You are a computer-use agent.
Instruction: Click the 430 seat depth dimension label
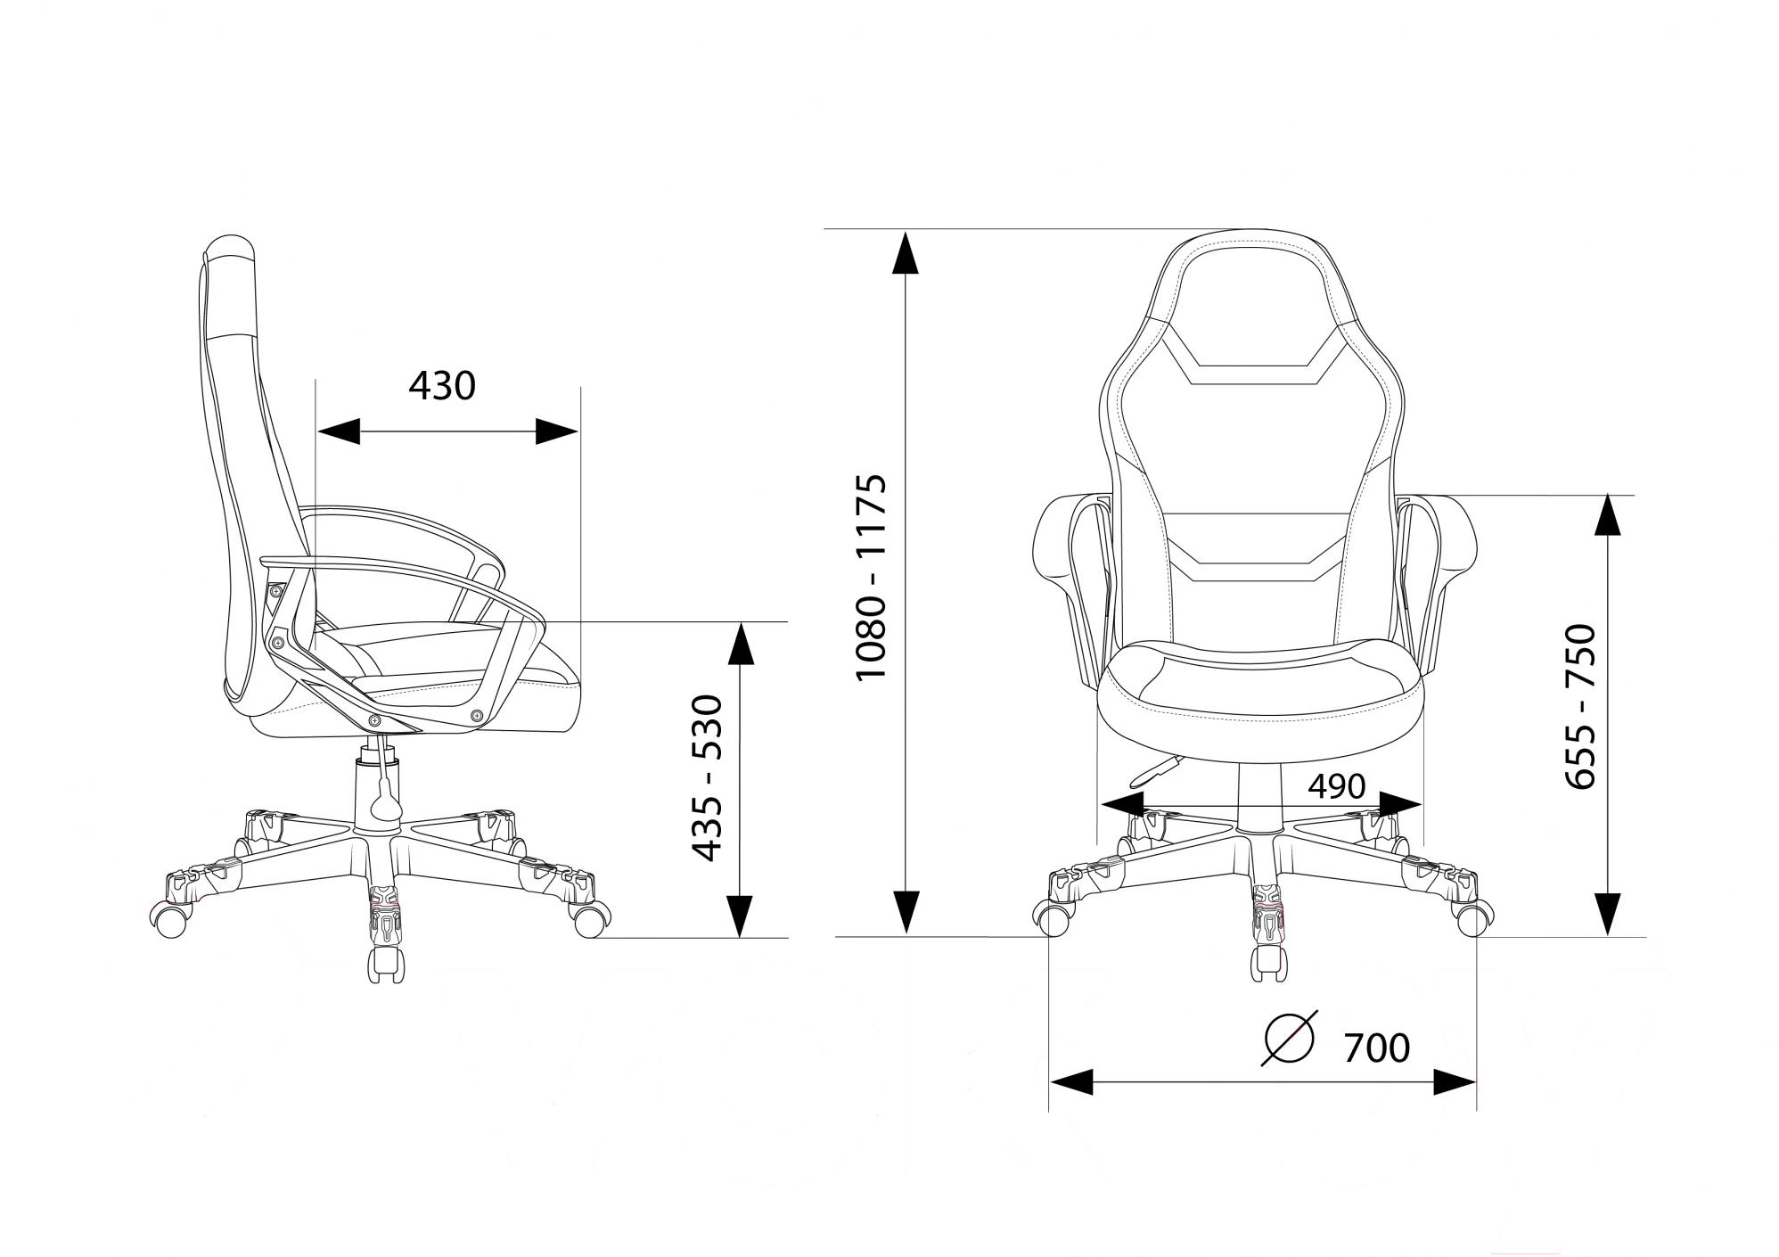[442, 386]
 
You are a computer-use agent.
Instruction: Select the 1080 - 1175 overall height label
[871, 577]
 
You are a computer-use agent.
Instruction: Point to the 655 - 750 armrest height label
[1580, 706]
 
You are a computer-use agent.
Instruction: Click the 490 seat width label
[1337, 786]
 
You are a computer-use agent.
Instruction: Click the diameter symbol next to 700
[1290, 1039]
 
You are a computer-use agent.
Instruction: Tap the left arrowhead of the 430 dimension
[339, 431]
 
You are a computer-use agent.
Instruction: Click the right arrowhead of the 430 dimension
[557, 431]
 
